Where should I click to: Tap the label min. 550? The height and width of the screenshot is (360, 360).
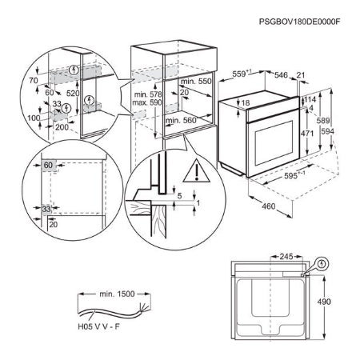click(x=197, y=82)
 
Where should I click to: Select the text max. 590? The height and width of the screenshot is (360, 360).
click(x=146, y=103)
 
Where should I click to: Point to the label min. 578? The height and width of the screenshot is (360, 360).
click(x=146, y=95)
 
